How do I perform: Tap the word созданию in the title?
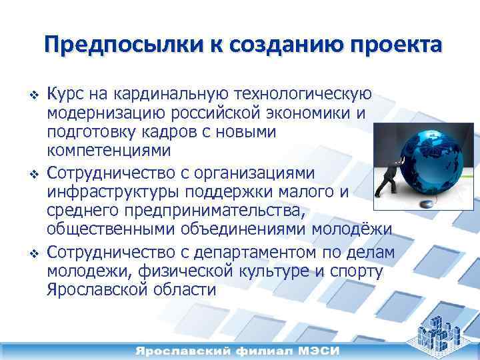[x=277, y=45]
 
